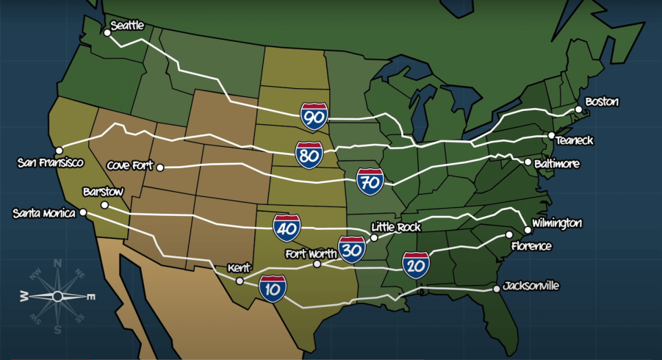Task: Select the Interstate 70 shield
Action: coord(370,181)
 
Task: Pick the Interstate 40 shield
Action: coord(287,228)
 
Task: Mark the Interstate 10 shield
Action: coord(273,289)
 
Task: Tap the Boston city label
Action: coord(602,101)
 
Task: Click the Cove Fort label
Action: coord(129,165)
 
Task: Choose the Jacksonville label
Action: coord(532,285)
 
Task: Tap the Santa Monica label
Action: coord(44,213)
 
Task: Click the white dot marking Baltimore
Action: coord(528,162)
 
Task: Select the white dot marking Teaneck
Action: coord(551,136)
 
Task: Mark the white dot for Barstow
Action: coord(104,205)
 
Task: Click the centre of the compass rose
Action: coord(57,295)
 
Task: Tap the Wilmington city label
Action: coord(557,223)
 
